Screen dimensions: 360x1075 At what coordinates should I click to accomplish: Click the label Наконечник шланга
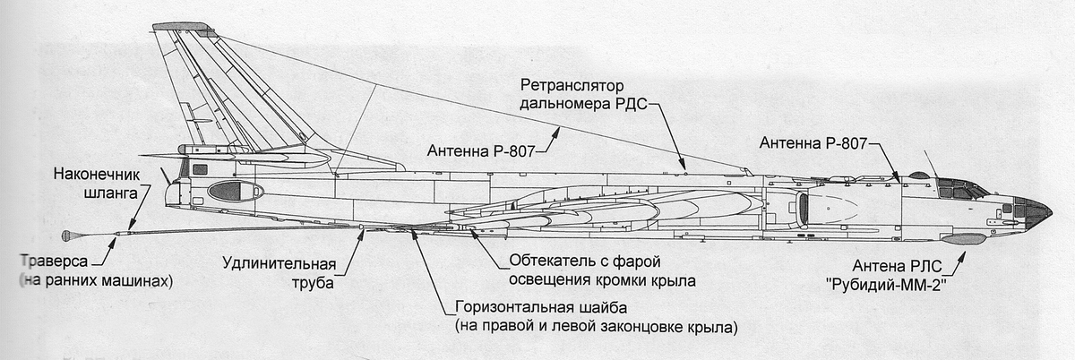(93, 183)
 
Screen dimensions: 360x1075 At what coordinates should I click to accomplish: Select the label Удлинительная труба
(279, 273)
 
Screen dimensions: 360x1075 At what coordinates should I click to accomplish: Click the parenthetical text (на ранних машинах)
(94, 281)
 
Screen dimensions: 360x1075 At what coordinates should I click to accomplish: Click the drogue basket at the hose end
(67, 236)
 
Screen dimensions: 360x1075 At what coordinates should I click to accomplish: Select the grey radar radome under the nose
(962, 239)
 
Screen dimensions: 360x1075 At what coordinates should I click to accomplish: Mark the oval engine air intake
(804, 209)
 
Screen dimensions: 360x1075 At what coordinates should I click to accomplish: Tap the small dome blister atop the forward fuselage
(918, 175)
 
